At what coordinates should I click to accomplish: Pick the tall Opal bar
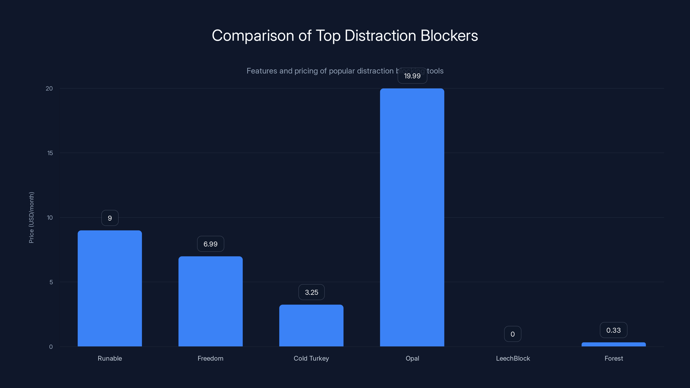point(412,217)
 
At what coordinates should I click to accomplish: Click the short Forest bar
point(613,344)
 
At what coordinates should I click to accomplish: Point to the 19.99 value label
point(412,76)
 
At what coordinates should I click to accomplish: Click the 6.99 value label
point(210,244)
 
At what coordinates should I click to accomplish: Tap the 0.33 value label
point(613,330)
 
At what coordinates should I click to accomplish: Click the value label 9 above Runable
point(110,218)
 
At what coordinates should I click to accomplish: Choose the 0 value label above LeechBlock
point(512,334)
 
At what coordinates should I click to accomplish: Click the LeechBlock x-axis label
point(513,358)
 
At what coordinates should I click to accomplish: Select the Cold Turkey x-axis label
point(311,358)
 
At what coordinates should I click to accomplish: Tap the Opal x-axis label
point(412,358)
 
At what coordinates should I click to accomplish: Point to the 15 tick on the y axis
point(50,153)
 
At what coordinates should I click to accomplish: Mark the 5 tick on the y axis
point(51,282)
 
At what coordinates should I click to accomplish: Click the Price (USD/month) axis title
point(31,217)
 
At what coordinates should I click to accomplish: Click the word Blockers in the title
point(449,36)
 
